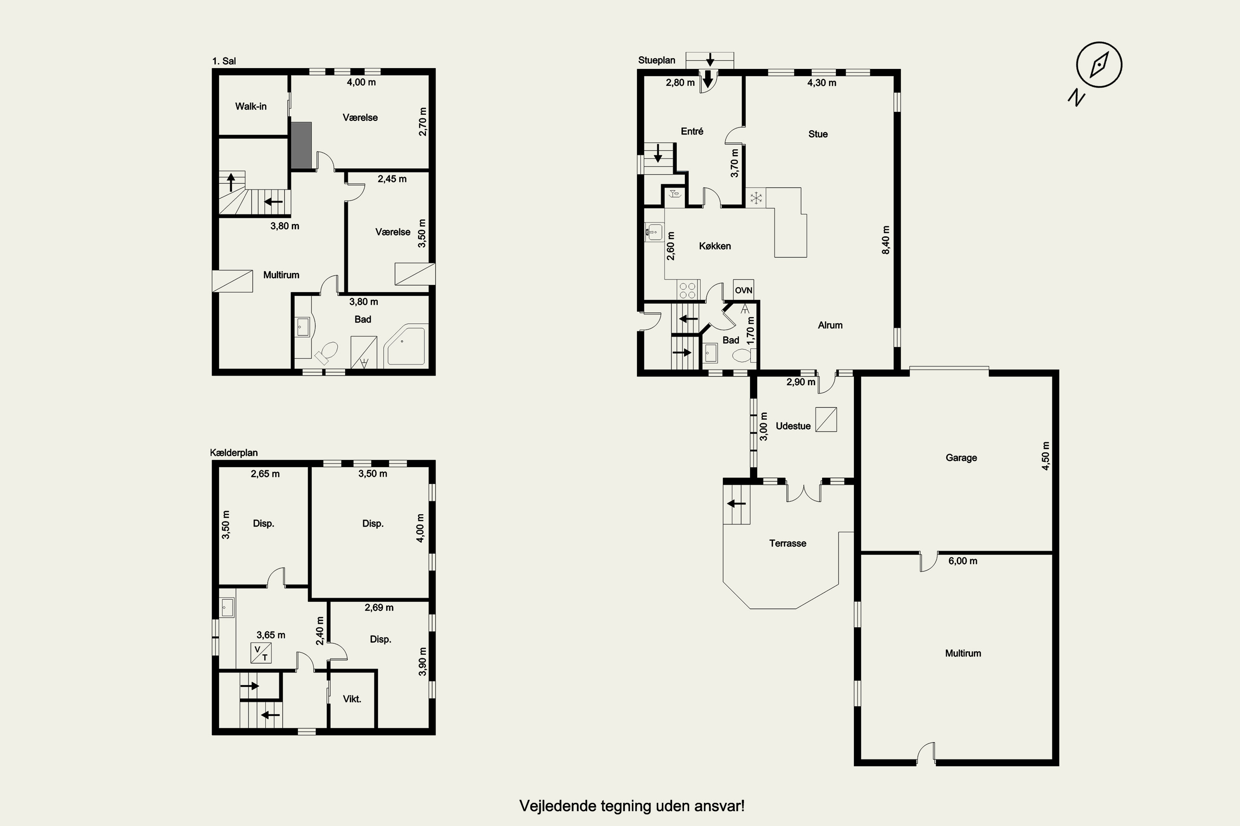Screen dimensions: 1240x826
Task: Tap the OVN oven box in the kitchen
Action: (743, 290)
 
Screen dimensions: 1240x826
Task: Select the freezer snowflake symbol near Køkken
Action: (756, 198)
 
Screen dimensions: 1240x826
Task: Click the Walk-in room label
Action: (251, 107)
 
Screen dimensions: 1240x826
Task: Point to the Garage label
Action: (961, 458)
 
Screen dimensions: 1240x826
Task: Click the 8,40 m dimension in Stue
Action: (886, 240)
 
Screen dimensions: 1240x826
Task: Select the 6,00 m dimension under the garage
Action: (963, 561)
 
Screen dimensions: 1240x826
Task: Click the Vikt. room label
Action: (352, 699)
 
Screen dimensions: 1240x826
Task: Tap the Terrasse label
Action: (788, 543)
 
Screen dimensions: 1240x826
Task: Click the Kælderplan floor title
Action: (234, 453)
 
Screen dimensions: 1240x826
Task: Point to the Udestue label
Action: (793, 426)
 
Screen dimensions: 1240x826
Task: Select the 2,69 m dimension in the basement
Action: (379, 608)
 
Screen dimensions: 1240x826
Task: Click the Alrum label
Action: (830, 325)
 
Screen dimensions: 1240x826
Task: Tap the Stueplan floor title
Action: (656, 60)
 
